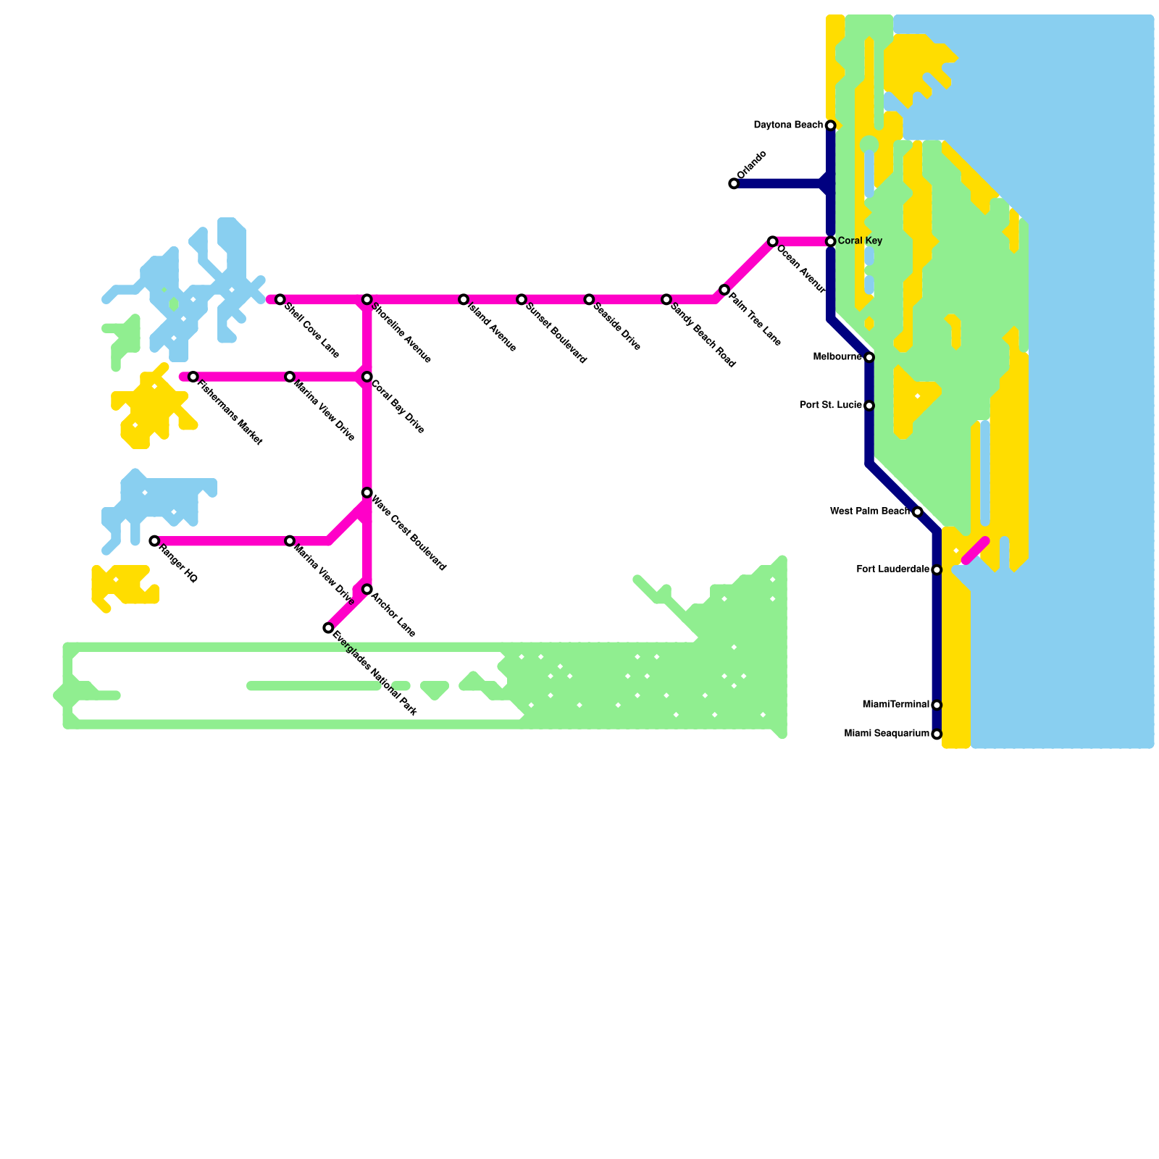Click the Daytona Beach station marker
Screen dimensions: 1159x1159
click(831, 126)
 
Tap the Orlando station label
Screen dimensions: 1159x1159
click(752, 165)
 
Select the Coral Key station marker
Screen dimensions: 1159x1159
click(831, 241)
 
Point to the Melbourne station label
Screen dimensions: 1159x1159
click(838, 356)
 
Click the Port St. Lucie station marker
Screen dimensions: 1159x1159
click(869, 406)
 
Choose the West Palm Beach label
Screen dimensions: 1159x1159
click(869, 511)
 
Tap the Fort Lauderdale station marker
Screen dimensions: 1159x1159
click(937, 570)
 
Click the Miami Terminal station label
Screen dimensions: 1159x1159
click(895, 705)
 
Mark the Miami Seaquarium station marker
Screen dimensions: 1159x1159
click(937, 735)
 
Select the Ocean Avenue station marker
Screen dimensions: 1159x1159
click(773, 241)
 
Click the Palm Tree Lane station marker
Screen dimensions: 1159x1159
click(724, 290)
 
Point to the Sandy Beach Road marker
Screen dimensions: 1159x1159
click(666, 300)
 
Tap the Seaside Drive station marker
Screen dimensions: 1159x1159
click(589, 300)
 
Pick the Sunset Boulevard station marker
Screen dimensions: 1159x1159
click(522, 300)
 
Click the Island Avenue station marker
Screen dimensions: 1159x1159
click(464, 300)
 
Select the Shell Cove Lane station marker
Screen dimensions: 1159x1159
click(280, 300)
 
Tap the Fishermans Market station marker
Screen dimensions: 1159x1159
click(193, 377)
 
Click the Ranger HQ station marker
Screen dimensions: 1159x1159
click(154, 541)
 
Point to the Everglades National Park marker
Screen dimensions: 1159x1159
click(328, 628)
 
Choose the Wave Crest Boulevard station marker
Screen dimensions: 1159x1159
click(367, 493)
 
